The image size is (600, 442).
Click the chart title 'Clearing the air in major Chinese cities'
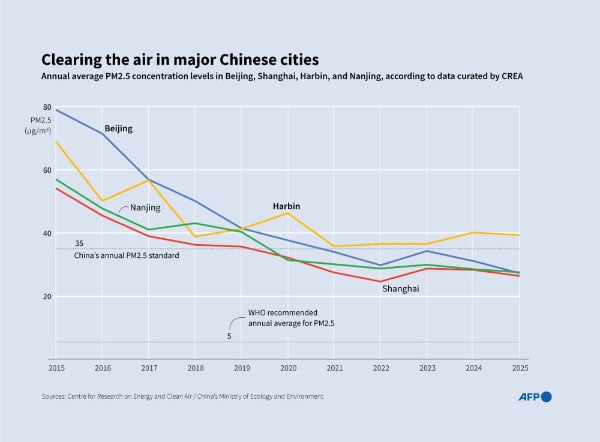pyautogui.click(x=180, y=60)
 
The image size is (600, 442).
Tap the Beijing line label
pyautogui.click(x=118, y=128)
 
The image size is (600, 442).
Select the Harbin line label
pyautogui.click(x=286, y=206)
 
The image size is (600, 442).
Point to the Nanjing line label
pyautogui.click(x=145, y=208)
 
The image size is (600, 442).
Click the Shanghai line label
pyautogui.click(x=400, y=289)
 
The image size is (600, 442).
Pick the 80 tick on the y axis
pyautogui.click(x=47, y=107)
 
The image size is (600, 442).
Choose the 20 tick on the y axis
pyautogui.click(x=47, y=297)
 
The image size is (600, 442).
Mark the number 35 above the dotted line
pyautogui.click(x=79, y=243)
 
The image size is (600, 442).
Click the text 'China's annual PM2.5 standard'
pyautogui.click(x=127, y=255)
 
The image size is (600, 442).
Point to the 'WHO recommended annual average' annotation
pyautogui.click(x=291, y=318)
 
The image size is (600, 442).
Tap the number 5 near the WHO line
pyautogui.click(x=229, y=336)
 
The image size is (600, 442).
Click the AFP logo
pyautogui.click(x=534, y=396)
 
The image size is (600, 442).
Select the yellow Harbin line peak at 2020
pyautogui.click(x=288, y=213)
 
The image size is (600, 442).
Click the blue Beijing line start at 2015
pyautogui.click(x=56, y=110)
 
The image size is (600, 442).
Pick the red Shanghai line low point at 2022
pyautogui.click(x=380, y=281)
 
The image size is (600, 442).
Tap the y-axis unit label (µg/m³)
pyautogui.click(x=38, y=131)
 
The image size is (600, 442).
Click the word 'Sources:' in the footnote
pyautogui.click(x=55, y=396)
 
